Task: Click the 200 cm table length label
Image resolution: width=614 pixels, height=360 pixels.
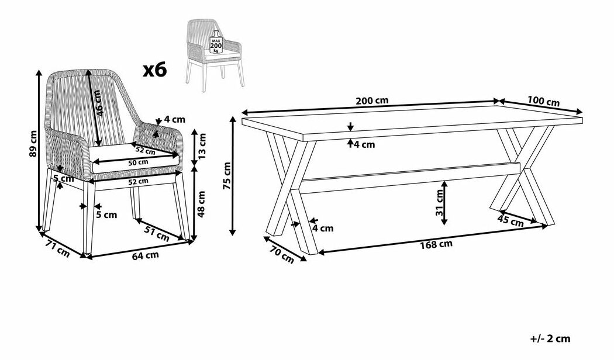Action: pos(372,100)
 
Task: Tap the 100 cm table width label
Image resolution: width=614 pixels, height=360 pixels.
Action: pos(543,101)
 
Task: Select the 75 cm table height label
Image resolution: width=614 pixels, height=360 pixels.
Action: pos(227,176)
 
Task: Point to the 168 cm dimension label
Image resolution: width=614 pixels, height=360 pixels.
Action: pos(436,244)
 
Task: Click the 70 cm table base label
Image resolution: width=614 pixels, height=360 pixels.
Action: pos(281,255)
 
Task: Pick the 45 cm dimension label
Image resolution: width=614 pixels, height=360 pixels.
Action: pos(510,221)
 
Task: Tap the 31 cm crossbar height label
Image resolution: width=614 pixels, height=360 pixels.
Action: pos(439,202)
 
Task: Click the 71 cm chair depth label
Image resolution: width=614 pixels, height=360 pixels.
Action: pos(58,251)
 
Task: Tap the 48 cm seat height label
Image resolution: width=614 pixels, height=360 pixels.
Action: pos(201,204)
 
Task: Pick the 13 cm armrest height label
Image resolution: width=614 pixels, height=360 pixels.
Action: pos(201,146)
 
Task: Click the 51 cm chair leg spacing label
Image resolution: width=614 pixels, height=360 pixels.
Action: pos(157,234)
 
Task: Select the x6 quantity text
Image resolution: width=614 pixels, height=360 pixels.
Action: pos(155,70)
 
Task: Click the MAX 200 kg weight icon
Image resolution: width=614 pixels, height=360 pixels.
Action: pos(216,42)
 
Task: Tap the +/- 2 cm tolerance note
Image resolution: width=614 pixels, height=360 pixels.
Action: pos(551,339)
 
